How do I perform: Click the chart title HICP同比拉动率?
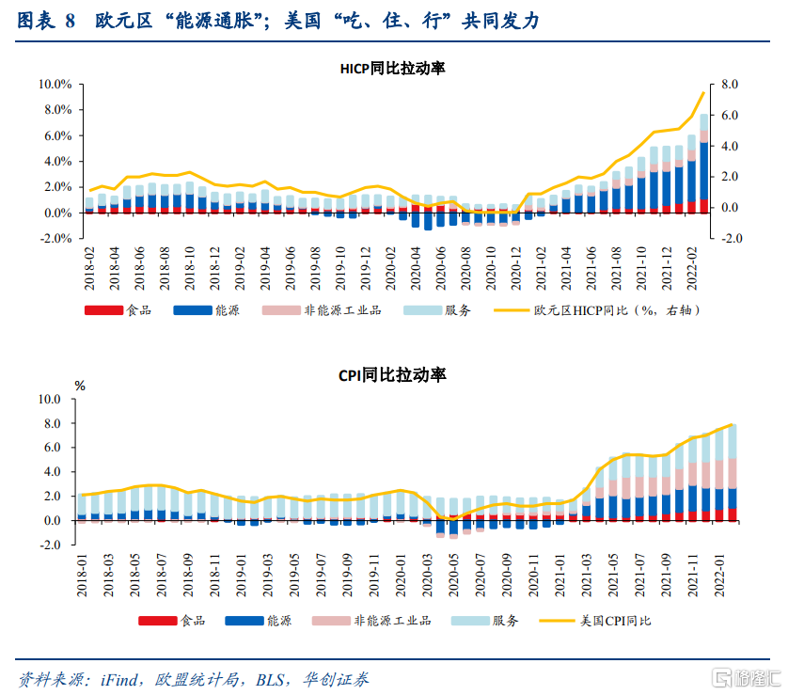(x=392, y=68)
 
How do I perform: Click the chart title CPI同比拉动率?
(x=392, y=375)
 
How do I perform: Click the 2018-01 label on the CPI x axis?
(x=83, y=576)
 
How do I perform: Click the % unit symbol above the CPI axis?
(x=80, y=386)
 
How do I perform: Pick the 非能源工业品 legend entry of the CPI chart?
(x=392, y=621)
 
